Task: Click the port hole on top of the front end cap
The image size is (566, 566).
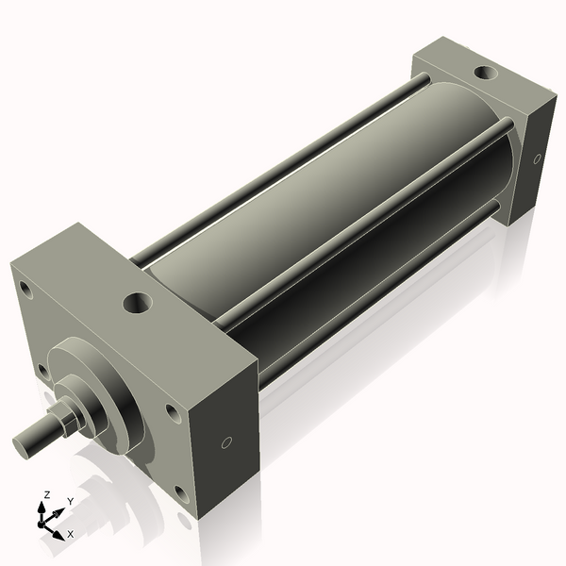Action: coord(138,304)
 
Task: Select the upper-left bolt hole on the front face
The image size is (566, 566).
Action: coord(25,286)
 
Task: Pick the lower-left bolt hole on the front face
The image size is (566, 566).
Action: coord(42,370)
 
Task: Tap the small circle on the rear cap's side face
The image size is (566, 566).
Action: coord(538,158)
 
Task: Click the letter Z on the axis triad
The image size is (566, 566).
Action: coord(46,494)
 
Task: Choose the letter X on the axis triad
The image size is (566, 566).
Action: coord(70,534)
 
